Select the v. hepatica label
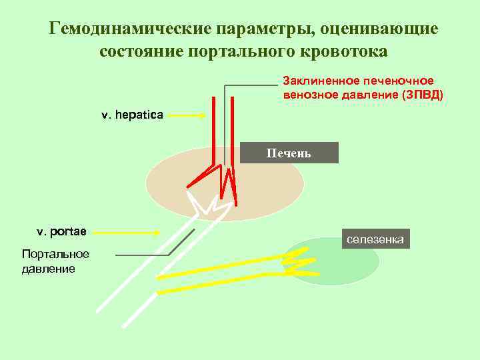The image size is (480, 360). click(132, 115)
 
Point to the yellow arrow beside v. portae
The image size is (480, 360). click(131, 232)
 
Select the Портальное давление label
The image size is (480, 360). click(49, 261)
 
